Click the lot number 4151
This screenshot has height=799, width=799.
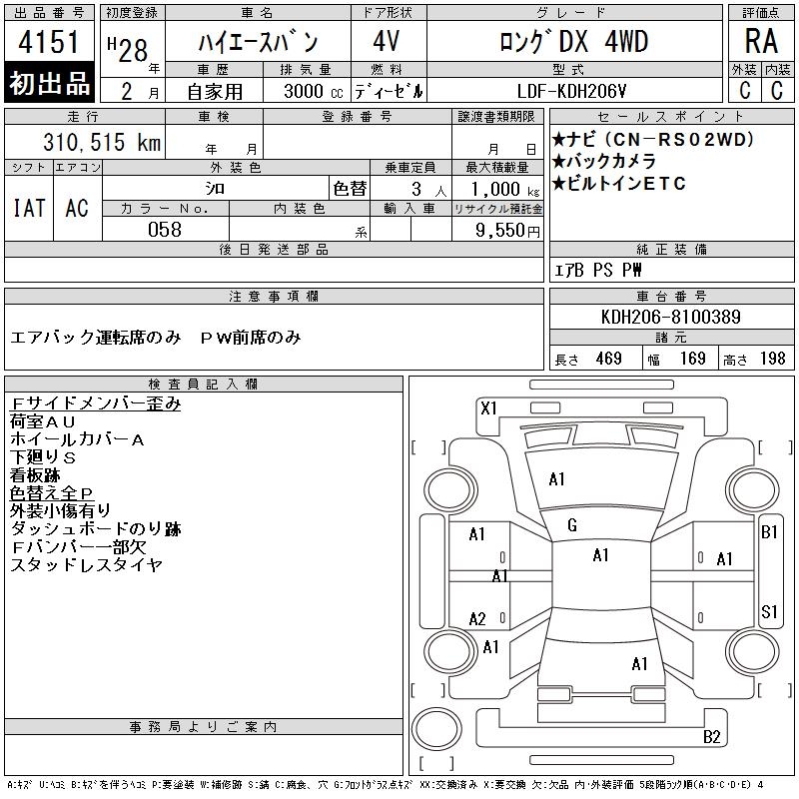[x=49, y=42]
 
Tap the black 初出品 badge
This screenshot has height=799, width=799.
[x=49, y=83]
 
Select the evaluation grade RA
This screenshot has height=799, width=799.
[x=761, y=41]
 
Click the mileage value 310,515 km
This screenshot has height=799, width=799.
[x=102, y=142]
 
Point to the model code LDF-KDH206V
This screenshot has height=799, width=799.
[x=571, y=91]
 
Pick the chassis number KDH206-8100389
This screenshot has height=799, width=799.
[x=670, y=317]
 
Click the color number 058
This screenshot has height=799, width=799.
[x=165, y=230]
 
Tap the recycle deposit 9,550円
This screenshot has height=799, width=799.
[x=507, y=231]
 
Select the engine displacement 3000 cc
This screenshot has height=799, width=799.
[x=314, y=91]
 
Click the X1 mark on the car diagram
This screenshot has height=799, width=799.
[x=488, y=408]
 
